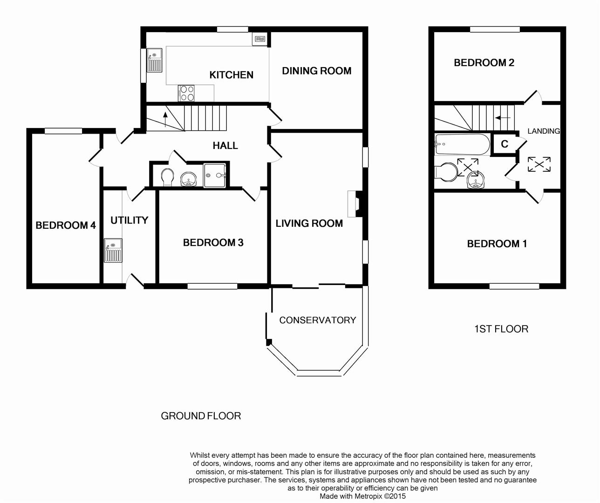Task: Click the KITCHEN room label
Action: tap(232, 75)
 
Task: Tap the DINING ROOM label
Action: tap(317, 71)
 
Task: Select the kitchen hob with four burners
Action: tap(186, 93)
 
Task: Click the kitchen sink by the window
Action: tap(155, 60)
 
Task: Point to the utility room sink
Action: tap(113, 251)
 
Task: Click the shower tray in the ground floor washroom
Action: tap(215, 176)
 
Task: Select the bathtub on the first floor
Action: tap(463, 144)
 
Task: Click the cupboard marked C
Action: tap(505, 144)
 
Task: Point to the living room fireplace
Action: tap(355, 204)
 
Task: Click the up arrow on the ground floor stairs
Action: tap(165, 119)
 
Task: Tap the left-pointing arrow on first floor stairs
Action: tap(503, 117)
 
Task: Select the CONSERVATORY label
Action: tap(318, 320)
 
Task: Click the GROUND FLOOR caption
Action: tap(201, 416)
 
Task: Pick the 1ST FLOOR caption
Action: tap(501, 329)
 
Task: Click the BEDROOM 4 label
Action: tap(66, 225)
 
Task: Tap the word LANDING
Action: tap(544, 131)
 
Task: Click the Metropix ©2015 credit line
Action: tap(362, 496)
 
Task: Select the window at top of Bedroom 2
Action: tap(495, 29)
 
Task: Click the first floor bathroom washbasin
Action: tap(476, 180)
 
